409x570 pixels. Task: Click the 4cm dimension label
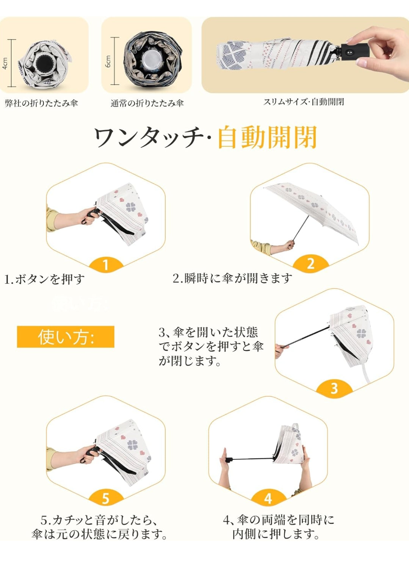(5, 63)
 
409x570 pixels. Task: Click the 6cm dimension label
(108, 61)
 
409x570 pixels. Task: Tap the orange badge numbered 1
(106, 265)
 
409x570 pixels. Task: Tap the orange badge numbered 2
(310, 264)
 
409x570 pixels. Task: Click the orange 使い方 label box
(66, 337)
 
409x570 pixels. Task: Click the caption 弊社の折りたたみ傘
(41, 103)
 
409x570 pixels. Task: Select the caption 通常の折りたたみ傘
(147, 103)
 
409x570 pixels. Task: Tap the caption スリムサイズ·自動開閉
(303, 102)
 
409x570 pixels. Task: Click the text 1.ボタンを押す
(45, 279)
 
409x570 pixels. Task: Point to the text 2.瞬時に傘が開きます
(232, 279)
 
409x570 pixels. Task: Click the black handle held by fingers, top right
(355, 50)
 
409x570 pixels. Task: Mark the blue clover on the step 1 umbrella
(131, 207)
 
